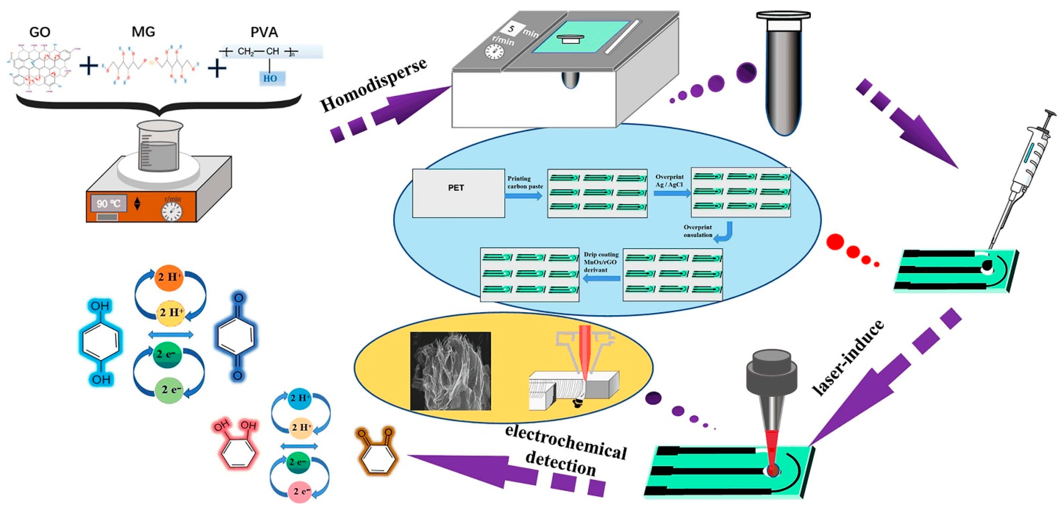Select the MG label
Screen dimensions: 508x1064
click(x=143, y=31)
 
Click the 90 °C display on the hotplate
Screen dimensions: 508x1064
click(x=109, y=204)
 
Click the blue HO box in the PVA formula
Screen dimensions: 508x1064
click(x=271, y=78)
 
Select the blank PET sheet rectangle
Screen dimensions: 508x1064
click(x=458, y=193)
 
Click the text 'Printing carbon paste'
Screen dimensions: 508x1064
click(x=525, y=182)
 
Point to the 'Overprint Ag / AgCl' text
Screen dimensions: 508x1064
click(x=669, y=180)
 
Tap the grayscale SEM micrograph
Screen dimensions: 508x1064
click(x=450, y=370)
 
